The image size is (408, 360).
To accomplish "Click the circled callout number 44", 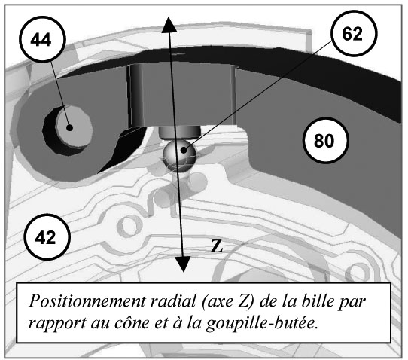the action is click(x=42, y=39).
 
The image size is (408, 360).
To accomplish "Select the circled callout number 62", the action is click(x=354, y=33).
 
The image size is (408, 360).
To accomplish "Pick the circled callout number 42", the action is click(x=47, y=237).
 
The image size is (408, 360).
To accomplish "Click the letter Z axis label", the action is click(x=217, y=246).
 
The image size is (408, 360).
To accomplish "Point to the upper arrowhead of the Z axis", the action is click(x=169, y=25).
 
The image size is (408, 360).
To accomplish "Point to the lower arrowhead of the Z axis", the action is click(x=183, y=264).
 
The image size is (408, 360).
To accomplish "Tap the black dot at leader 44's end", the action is click(x=69, y=127).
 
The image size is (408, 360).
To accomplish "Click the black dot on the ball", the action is click(x=184, y=150).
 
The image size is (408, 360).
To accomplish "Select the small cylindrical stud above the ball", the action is click(x=180, y=132).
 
